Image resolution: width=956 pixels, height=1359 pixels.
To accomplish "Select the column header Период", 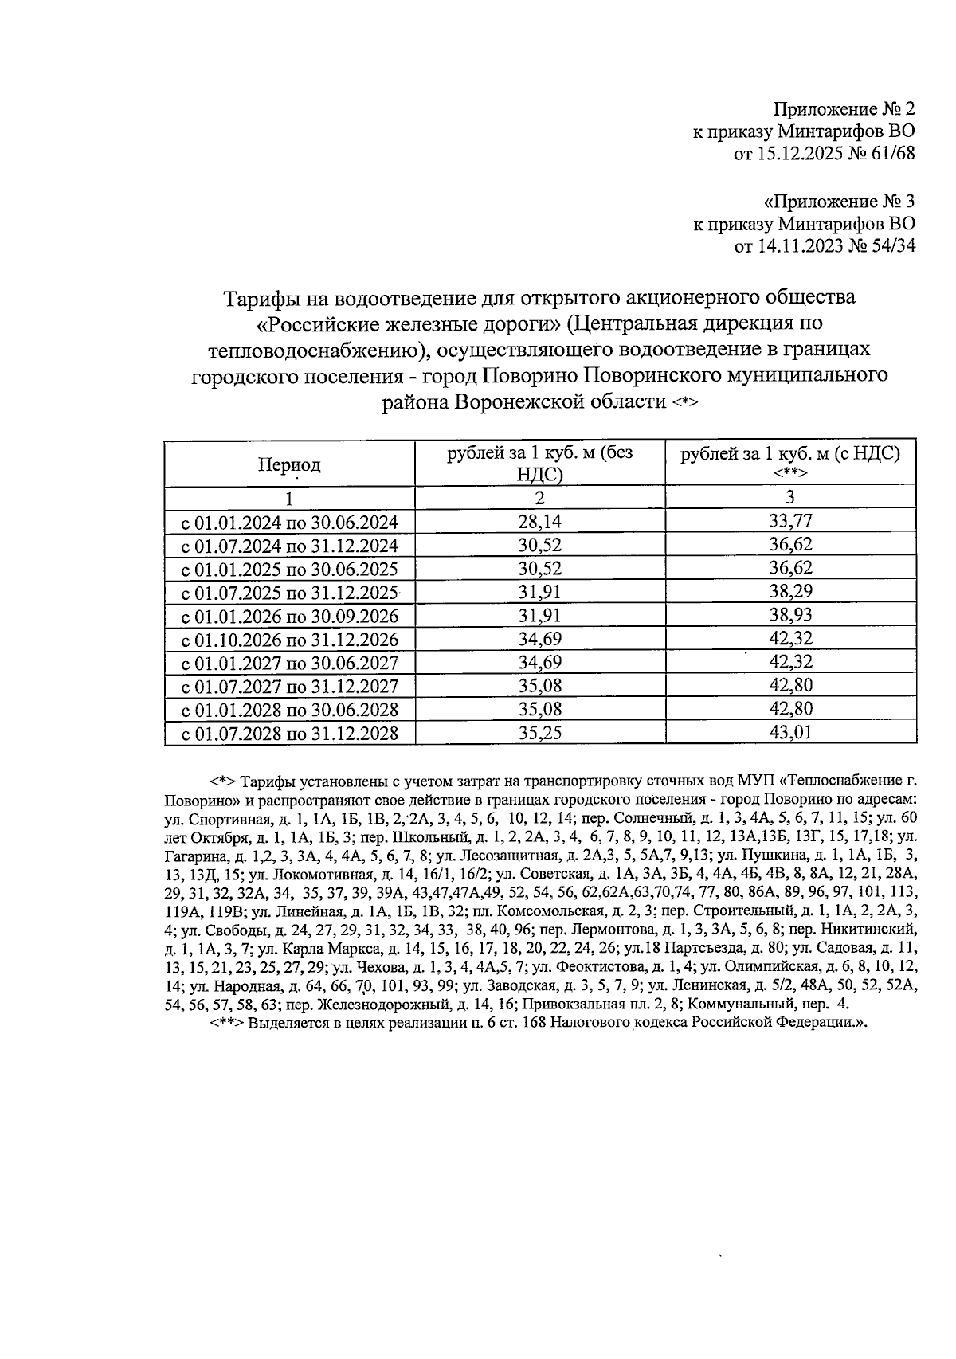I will click(289, 465).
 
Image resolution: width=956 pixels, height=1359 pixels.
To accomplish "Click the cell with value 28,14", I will click(539, 522).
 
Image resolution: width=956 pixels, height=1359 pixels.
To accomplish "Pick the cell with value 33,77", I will click(790, 522).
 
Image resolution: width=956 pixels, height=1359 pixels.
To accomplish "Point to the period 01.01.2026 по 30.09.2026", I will click(290, 617).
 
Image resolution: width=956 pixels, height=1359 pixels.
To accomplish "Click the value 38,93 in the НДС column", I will click(790, 616).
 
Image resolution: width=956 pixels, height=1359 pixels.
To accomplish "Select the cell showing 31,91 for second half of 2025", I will click(539, 593).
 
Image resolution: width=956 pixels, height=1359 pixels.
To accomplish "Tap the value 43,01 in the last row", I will click(790, 733).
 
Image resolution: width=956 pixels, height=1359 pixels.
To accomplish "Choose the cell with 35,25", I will click(539, 733).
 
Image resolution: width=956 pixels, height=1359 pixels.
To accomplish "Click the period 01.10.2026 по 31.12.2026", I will click(290, 640).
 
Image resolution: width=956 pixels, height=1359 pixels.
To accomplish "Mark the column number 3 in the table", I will click(790, 498).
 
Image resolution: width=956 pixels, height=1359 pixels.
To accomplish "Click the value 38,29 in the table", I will click(790, 593).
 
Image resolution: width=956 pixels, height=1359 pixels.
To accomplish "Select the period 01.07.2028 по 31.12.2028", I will click(290, 734).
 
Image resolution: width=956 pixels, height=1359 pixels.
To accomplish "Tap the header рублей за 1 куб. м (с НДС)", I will click(790, 454).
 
